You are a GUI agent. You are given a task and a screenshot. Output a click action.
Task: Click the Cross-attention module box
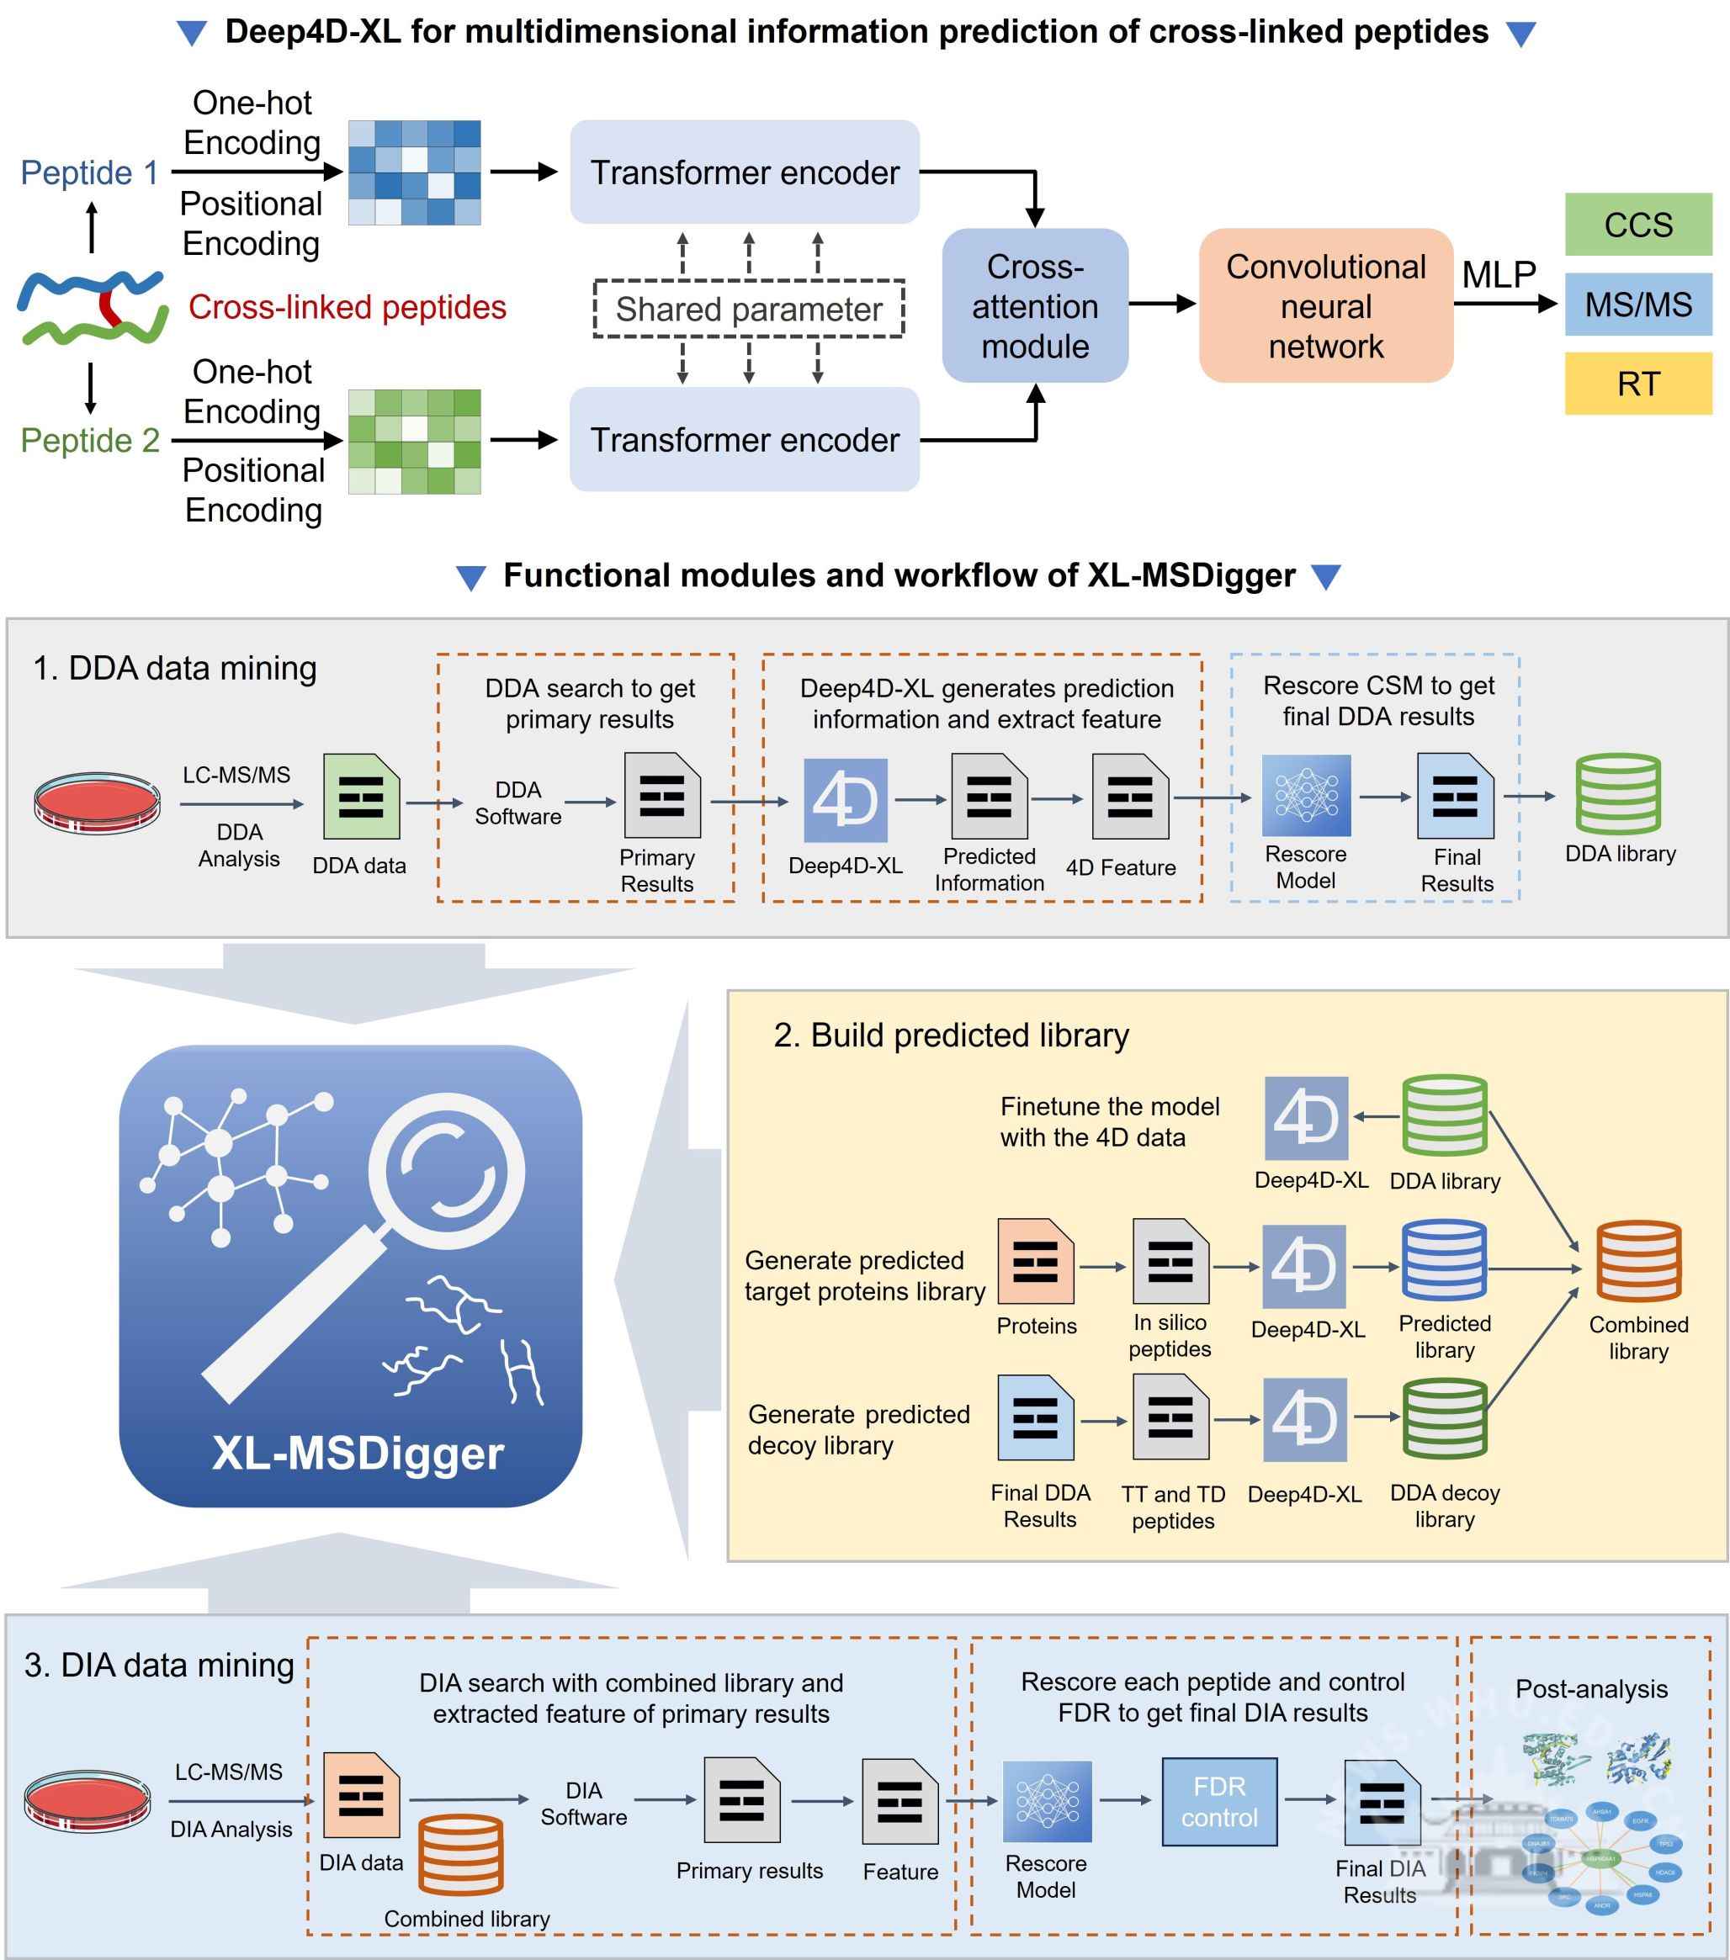coord(1035,306)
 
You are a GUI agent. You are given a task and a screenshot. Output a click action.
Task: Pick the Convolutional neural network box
coord(1325,306)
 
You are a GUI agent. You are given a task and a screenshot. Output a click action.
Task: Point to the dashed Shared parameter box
coord(748,309)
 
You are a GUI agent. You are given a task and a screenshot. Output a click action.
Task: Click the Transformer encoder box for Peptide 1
coord(744,172)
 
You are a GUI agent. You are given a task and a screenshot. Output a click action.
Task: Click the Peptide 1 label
coord(89,172)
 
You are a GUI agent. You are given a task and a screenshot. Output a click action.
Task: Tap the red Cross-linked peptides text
coord(348,307)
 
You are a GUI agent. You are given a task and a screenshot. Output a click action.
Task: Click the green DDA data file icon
coord(361,797)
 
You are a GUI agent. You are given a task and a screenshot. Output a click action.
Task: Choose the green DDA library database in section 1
coord(1618,794)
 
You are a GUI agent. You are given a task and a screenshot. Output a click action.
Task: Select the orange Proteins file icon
coord(1035,1261)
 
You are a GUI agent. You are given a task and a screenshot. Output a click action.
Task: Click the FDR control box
coord(1219,1802)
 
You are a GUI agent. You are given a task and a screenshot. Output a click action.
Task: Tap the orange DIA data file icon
coord(361,1795)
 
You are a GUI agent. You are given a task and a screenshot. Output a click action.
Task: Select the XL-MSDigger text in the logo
coord(358,1453)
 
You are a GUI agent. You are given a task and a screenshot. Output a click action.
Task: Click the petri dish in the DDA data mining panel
coord(97,802)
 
